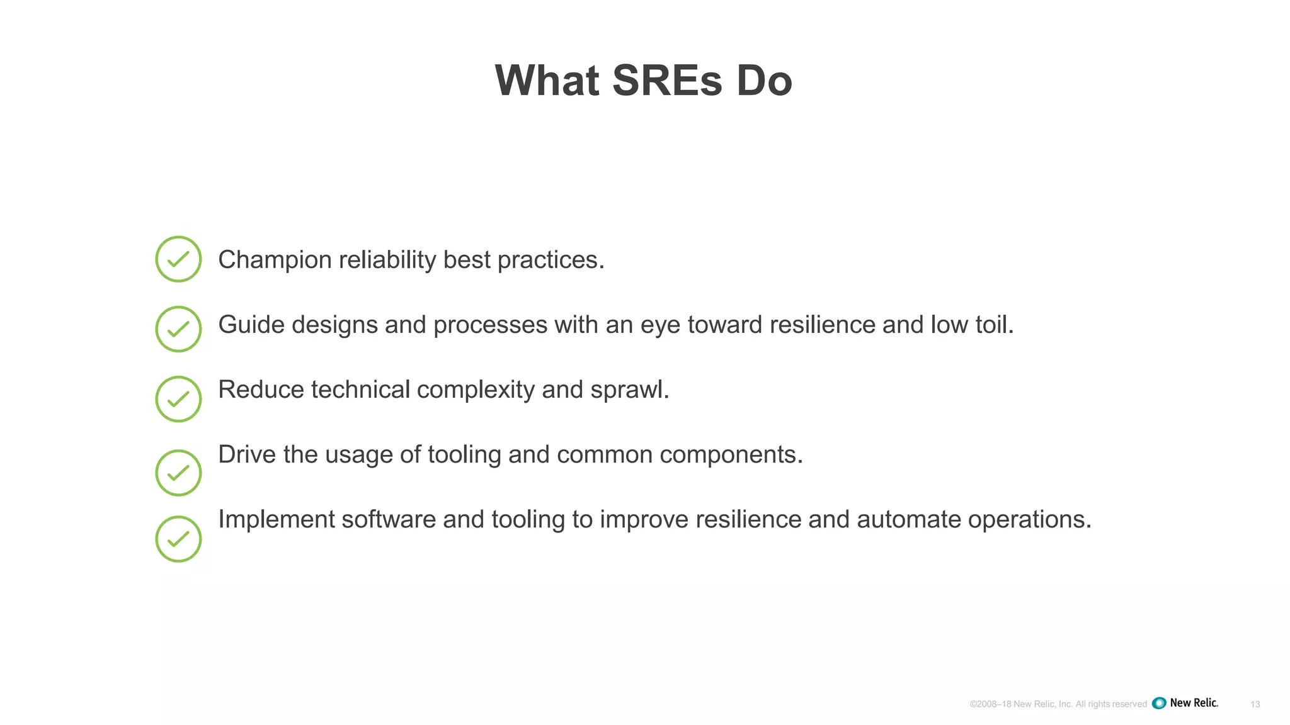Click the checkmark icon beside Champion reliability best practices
(x=178, y=259)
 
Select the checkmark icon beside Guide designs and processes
(x=178, y=329)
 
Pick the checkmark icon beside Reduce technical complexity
(x=178, y=399)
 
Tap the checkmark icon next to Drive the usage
(x=178, y=473)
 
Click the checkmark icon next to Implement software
(x=178, y=539)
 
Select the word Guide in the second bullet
(x=251, y=325)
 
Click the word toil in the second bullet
(x=993, y=325)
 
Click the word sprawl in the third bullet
(x=628, y=390)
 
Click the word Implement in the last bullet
(x=276, y=520)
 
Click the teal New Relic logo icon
(x=1159, y=704)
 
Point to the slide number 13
(x=1255, y=704)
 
